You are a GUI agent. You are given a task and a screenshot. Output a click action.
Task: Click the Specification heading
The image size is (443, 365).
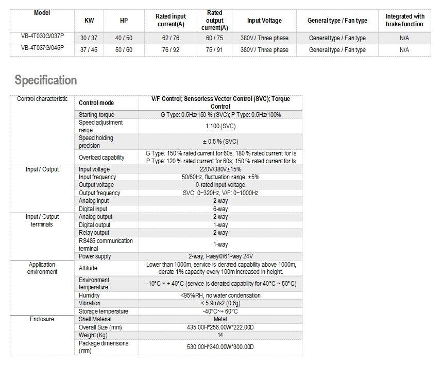click(x=46, y=80)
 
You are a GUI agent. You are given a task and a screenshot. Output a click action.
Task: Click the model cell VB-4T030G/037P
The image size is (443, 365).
click(x=42, y=38)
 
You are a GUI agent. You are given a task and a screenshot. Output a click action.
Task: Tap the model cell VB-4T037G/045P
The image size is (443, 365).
click(x=42, y=49)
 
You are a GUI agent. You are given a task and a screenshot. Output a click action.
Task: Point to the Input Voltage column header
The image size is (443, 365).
click(x=264, y=21)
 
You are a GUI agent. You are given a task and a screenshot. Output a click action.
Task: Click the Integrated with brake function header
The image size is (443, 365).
click(x=404, y=21)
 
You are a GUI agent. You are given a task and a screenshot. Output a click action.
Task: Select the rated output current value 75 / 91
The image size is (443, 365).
click(x=214, y=50)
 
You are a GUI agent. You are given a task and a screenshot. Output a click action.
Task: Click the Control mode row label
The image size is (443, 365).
click(x=96, y=103)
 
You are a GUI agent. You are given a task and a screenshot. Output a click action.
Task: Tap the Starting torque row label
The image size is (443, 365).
click(x=96, y=115)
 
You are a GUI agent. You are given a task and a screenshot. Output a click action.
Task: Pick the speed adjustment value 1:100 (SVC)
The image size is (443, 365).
click(x=220, y=126)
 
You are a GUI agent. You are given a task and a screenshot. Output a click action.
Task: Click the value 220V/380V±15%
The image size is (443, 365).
click(x=220, y=169)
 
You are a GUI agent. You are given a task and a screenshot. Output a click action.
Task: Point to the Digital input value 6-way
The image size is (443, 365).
click(x=220, y=209)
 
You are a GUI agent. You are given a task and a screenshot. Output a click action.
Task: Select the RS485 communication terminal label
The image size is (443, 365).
click(x=106, y=245)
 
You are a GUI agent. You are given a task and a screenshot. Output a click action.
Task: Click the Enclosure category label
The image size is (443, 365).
click(x=42, y=319)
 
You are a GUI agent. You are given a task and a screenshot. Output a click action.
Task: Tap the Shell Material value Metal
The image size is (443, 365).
click(x=220, y=319)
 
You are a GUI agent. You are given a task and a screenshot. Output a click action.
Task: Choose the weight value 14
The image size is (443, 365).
click(x=220, y=335)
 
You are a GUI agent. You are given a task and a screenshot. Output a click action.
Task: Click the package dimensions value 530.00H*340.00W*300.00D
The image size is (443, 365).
click(x=220, y=347)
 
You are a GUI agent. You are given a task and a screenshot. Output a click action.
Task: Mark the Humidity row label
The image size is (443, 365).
click(x=89, y=296)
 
